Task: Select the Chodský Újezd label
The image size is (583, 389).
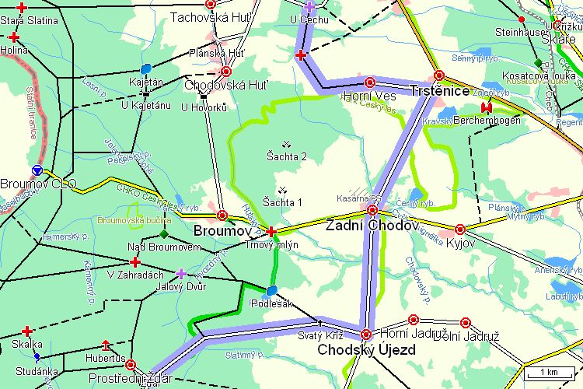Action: (366, 350)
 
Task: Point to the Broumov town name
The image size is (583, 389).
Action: (224, 231)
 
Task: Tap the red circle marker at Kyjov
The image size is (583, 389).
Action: (460, 229)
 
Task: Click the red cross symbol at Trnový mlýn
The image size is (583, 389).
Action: (271, 231)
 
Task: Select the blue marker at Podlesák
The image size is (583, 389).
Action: (271, 291)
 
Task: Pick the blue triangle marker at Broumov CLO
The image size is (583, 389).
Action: (37, 170)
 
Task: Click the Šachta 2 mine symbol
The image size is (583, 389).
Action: (286, 143)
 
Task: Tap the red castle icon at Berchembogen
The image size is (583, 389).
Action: (487, 107)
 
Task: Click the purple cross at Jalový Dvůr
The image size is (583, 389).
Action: (180, 273)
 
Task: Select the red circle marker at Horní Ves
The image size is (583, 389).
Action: (369, 82)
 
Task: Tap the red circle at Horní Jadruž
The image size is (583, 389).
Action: (413, 319)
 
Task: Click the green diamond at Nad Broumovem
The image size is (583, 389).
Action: (163, 233)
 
